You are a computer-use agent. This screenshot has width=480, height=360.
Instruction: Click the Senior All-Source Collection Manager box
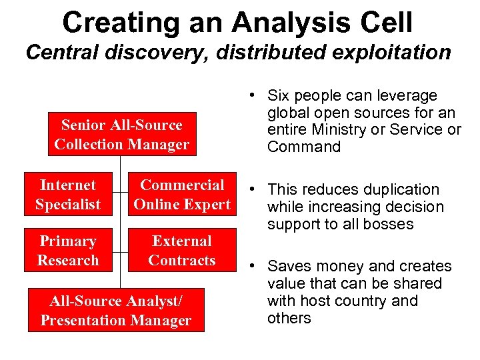(121, 134)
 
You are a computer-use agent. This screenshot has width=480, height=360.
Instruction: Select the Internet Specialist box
(67, 195)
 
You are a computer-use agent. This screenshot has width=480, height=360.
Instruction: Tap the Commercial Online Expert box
(181, 195)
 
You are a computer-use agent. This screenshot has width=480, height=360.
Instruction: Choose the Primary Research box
(67, 251)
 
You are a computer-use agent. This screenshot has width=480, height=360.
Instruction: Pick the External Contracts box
(181, 251)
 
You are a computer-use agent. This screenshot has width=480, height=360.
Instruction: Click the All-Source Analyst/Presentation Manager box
(115, 311)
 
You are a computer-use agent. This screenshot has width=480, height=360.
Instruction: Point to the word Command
(303, 147)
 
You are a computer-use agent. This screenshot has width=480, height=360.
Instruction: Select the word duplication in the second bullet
(401, 190)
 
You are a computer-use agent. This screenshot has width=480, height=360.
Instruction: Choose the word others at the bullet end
(289, 319)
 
